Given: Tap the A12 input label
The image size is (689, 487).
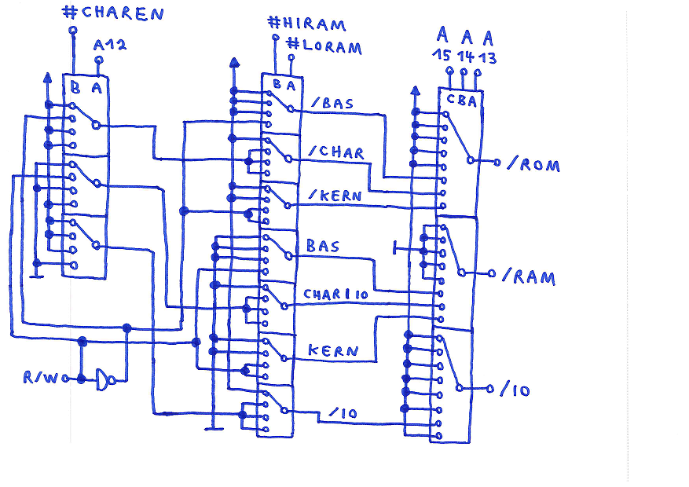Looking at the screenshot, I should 109,46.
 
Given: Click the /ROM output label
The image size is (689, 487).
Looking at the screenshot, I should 533,165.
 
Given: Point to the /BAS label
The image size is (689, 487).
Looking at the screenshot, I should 332,103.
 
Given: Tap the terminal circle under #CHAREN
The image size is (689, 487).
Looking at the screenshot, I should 73,31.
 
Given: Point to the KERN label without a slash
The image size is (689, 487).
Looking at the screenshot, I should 334,350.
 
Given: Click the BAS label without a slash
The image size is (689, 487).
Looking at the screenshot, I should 322,247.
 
